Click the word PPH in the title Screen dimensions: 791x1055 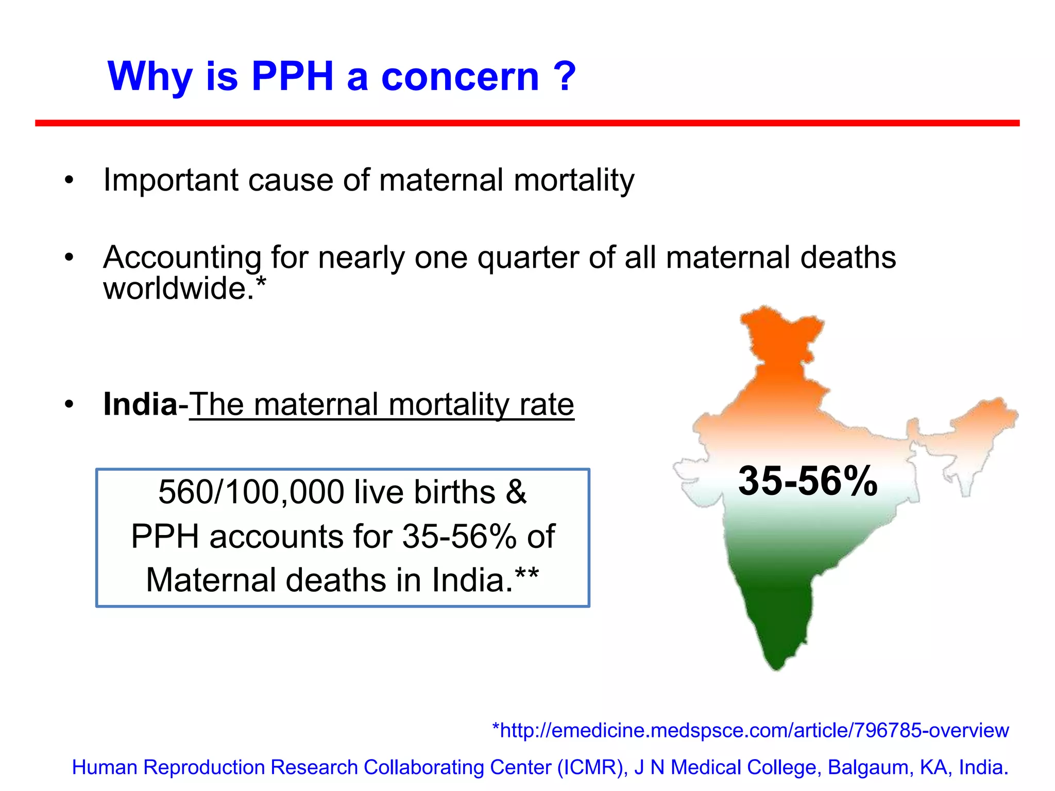293,76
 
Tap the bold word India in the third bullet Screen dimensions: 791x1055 140,404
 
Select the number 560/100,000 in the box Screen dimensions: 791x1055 251,492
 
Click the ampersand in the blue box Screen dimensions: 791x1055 516,492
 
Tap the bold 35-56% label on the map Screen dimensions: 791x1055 807,481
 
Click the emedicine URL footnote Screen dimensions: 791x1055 750,730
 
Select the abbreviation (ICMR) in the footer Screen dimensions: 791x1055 592,767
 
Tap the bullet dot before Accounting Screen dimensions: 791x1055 69,257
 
